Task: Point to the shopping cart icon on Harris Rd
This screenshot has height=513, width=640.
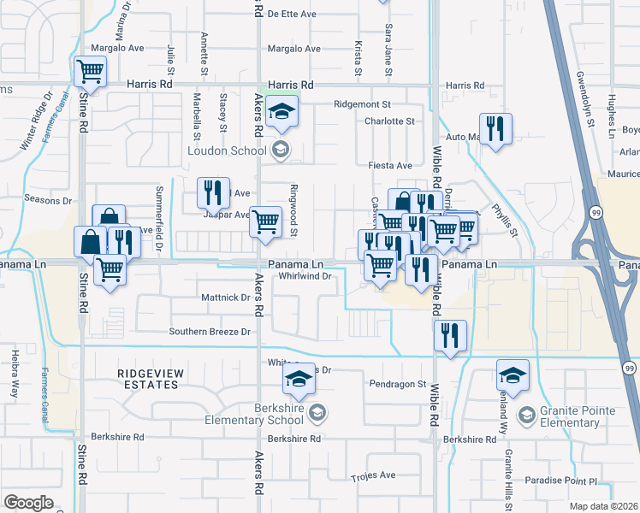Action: [x=90, y=72]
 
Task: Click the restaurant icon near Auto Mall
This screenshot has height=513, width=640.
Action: [x=495, y=130]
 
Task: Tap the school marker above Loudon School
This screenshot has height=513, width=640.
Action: [x=281, y=113]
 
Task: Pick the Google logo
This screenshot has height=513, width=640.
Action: [x=28, y=503]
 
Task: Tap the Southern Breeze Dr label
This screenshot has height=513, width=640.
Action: [x=210, y=332]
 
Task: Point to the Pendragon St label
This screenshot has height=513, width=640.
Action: [x=398, y=384]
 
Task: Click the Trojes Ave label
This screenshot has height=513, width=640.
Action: [x=374, y=475]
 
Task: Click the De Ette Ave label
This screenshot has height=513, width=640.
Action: [x=293, y=14]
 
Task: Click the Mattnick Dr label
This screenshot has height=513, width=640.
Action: [x=225, y=298]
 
